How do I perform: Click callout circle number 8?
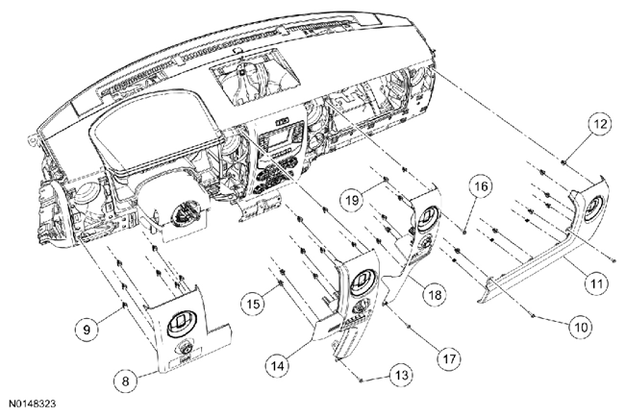[126, 380]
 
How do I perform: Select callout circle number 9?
[88, 329]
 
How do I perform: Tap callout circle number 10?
[581, 327]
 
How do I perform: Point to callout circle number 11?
[596, 283]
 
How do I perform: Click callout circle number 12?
[600, 124]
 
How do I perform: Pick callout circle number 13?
[401, 375]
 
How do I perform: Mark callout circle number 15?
[253, 304]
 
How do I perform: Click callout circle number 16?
[481, 186]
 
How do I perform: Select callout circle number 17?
[449, 359]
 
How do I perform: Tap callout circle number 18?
[435, 294]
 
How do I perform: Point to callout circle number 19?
[352, 199]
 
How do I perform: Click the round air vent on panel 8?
[182, 322]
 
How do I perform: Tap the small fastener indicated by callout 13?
[360, 380]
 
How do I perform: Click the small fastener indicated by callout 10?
[533, 316]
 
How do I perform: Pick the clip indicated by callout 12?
[563, 162]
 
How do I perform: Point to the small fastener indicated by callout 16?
[465, 231]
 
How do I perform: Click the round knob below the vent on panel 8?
[185, 349]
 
